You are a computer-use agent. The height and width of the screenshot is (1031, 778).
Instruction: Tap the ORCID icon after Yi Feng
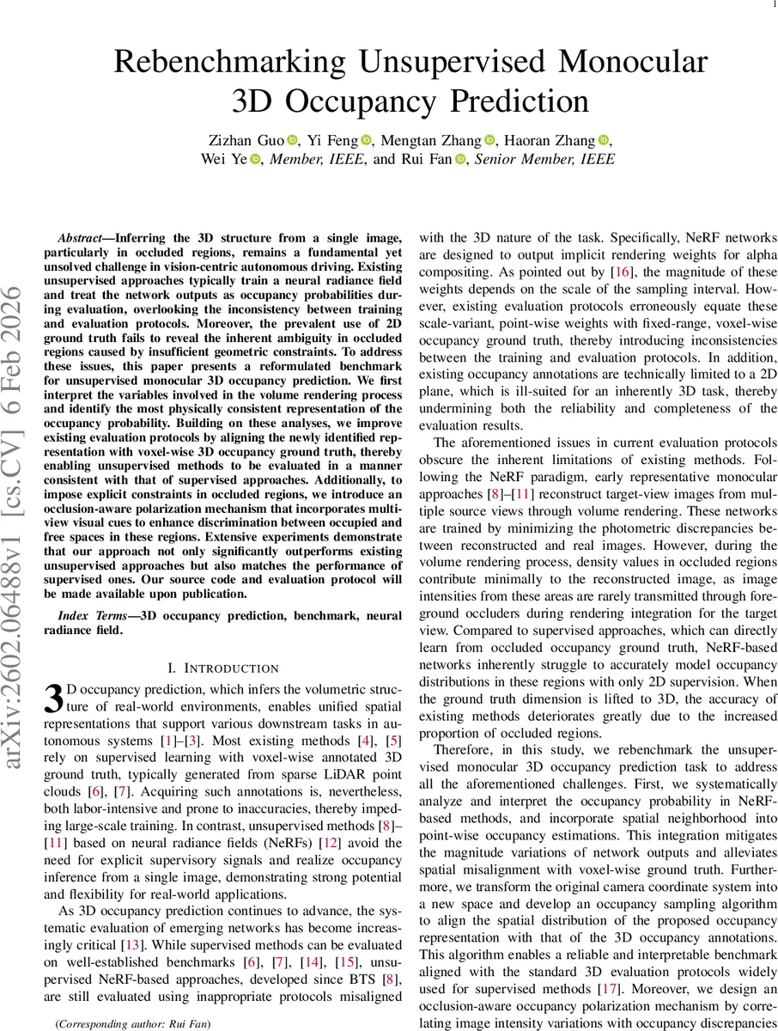pyautogui.click(x=368, y=140)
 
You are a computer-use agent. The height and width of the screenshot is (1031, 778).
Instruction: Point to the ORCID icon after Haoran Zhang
pyautogui.click(x=603, y=140)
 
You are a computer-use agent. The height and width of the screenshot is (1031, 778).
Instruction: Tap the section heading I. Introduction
pyautogui.click(x=223, y=668)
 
